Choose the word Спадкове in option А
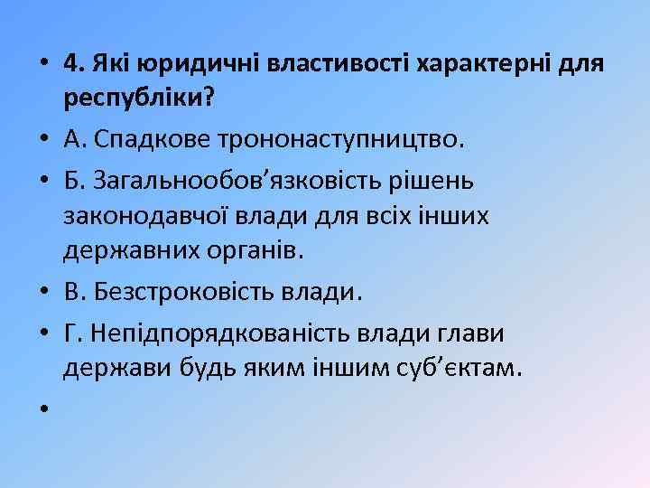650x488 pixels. [144, 141]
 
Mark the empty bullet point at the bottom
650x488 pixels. [42, 410]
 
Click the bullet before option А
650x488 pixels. [42, 141]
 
